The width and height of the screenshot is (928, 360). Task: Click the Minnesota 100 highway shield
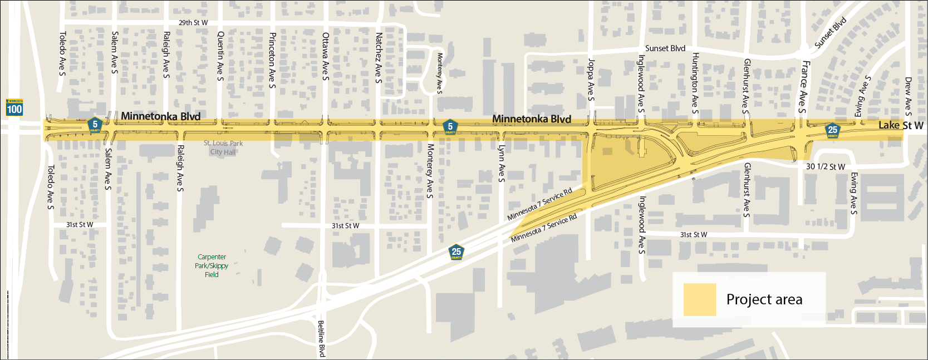click(14, 107)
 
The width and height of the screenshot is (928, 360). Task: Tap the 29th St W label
click(193, 23)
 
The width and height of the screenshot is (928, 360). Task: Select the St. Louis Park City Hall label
click(223, 147)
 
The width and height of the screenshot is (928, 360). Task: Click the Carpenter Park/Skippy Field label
click(212, 265)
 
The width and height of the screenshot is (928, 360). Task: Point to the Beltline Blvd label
click(321, 338)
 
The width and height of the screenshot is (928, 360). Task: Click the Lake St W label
click(901, 126)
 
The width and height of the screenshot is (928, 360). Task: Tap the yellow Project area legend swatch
click(699, 299)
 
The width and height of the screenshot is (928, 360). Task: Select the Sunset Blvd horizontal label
click(665, 48)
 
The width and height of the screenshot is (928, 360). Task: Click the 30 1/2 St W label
click(825, 167)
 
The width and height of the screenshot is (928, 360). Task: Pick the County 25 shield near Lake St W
click(832, 131)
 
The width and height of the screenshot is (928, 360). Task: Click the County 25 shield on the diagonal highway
click(456, 252)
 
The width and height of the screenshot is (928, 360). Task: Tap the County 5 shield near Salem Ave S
click(95, 125)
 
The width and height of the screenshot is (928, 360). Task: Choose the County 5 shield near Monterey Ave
click(450, 127)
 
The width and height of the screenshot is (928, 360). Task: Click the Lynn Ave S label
click(501, 164)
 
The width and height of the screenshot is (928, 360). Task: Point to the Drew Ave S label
click(908, 93)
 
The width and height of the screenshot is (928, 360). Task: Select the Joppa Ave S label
click(591, 80)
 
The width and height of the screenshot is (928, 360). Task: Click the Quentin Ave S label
click(220, 56)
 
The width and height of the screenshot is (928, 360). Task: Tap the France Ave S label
click(804, 86)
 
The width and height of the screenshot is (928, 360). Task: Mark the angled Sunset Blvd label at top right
click(830, 32)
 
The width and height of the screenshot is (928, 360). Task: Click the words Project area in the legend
click(764, 299)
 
